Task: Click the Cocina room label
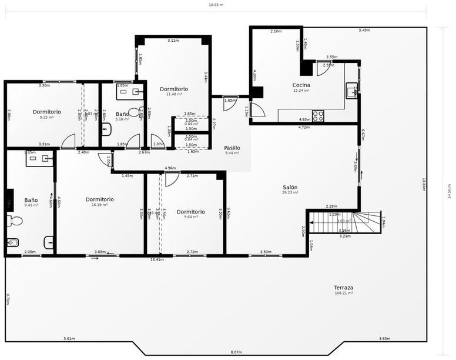pyautogui.click(x=301, y=85)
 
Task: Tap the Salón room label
pyautogui.click(x=290, y=186)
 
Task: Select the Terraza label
pyautogui.click(x=344, y=288)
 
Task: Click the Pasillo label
pyautogui.click(x=232, y=148)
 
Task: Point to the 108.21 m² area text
pyautogui.click(x=344, y=293)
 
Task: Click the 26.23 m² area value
pyautogui.click(x=290, y=192)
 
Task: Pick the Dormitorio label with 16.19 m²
pyautogui.click(x=99, y=199)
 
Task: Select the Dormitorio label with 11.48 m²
pyautogui.click(x=174, y=89)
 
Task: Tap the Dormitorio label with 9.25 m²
pyautogui.click(x=47, y=112)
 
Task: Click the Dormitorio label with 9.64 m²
pyautogui.click(x=190, y=212)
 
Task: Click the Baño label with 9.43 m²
pyautogui.click(x=31, y=200)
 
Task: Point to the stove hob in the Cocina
pyautogui.click(x=318, y=116)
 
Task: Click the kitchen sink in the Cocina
pyautogui.click(x=352, y=91)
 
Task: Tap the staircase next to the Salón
pyautogui.click(x=347, y=222)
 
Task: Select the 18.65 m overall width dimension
pyautogui.click(x=216, y=5)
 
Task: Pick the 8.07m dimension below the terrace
pyautogui.click(x=236, y=352)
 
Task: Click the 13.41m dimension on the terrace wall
pyautogui.click(x=157, y=259)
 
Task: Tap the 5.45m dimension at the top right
pyautogui.click(x=364, y=30)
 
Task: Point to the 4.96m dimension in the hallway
pyautogui.click(x=170, y=168)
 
